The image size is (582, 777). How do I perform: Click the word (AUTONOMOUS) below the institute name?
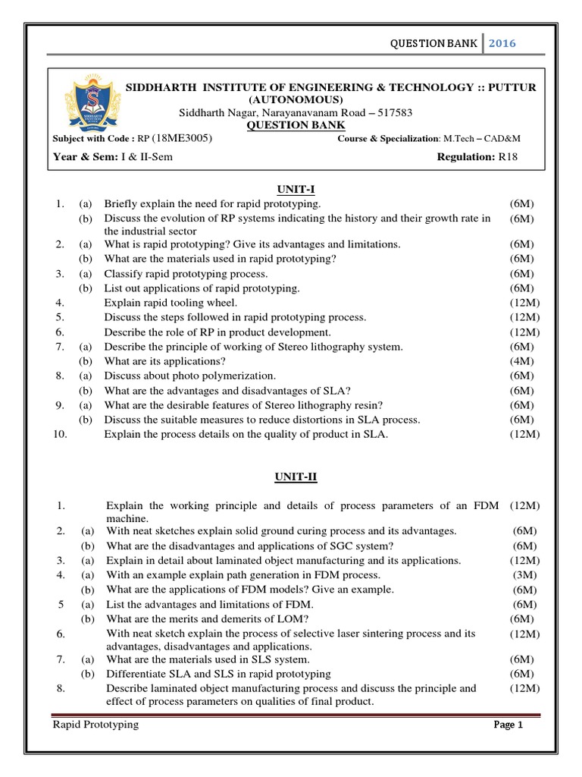(296, 100)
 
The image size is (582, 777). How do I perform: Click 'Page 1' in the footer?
(508, 725)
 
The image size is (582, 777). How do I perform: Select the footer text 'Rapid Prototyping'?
(95, 725)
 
